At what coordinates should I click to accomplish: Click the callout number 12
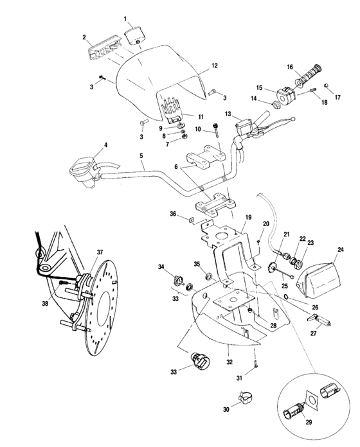coord(215,66)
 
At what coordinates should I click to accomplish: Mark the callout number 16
coord(290,67)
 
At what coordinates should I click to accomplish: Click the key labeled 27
coord(323,319)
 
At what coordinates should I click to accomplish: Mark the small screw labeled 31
coord(258,365)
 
